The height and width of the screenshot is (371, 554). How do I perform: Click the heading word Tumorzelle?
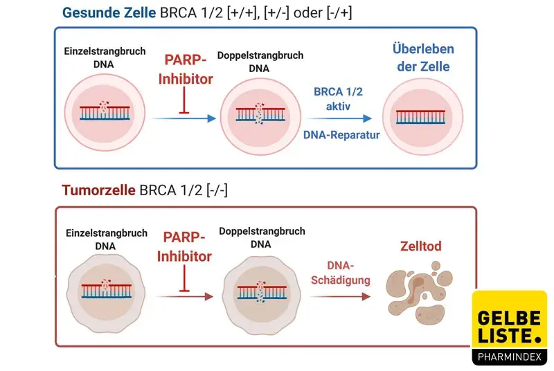coord(98,190)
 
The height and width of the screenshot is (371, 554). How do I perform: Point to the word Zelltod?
coord(420,246)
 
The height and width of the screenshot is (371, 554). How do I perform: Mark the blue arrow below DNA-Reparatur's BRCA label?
coord(339,117)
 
